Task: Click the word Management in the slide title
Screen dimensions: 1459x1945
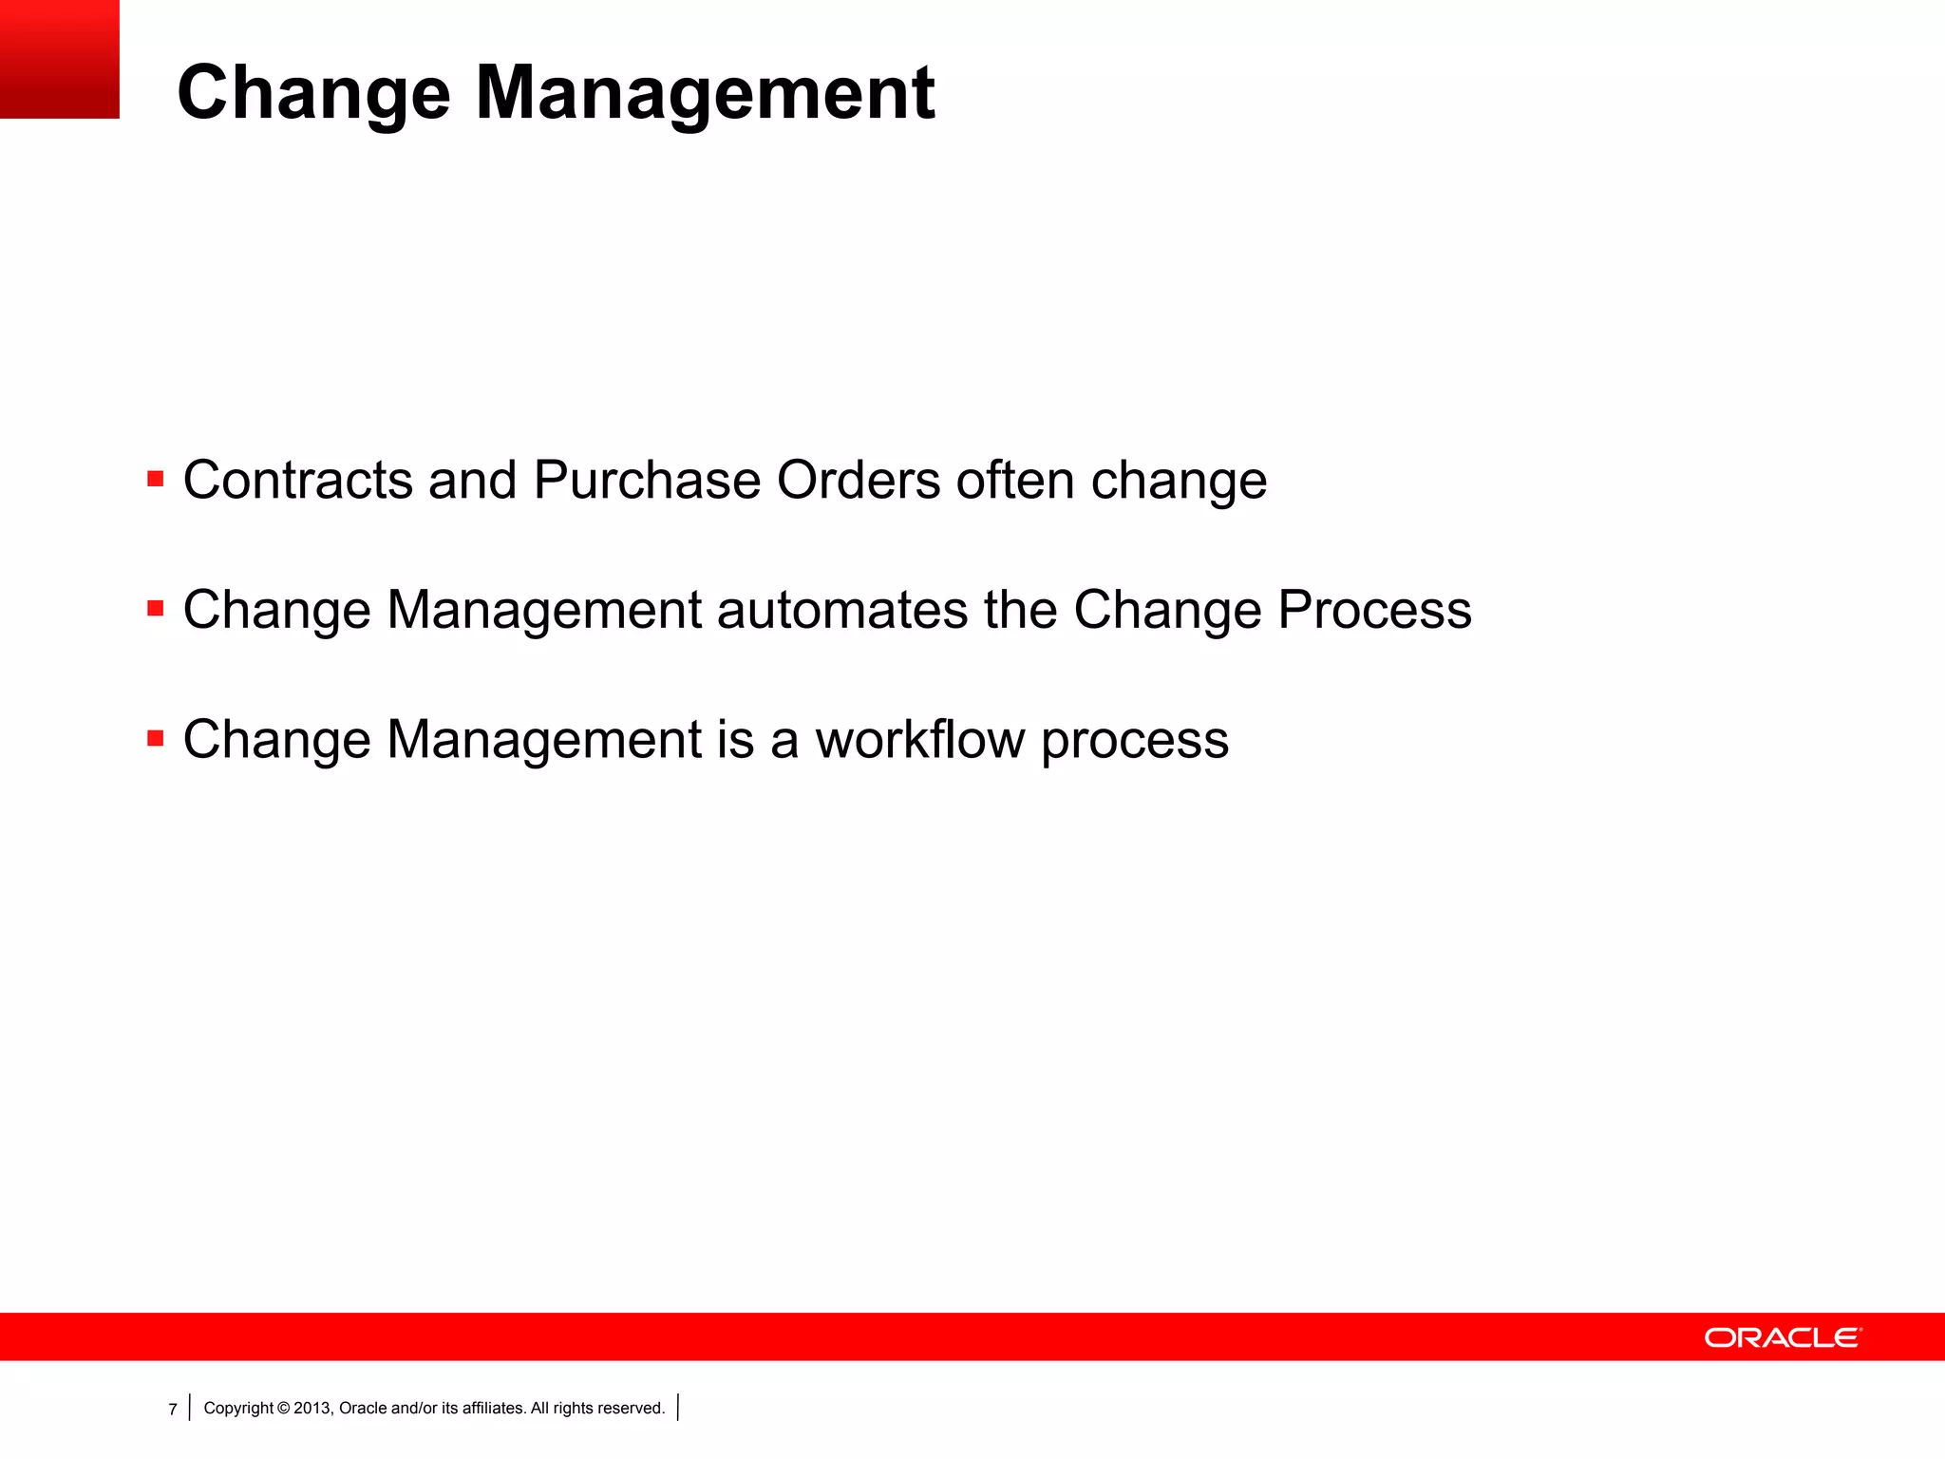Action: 705,94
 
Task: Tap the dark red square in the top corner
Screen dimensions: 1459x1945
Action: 59,59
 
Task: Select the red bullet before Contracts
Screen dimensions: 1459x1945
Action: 156,478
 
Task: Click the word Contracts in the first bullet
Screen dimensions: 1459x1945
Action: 297,480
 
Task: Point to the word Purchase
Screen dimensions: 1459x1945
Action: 646,480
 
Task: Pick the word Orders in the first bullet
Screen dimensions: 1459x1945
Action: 859,480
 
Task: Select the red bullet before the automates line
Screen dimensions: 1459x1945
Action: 156,608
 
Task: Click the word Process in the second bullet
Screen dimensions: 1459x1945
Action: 1374,610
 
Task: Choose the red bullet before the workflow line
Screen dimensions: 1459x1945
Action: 156,738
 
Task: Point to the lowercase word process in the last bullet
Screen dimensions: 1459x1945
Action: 1134,741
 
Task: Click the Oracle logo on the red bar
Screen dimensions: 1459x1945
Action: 1783,1337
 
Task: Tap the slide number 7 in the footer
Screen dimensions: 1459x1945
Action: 172,1409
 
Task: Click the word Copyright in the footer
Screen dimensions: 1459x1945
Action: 238,1408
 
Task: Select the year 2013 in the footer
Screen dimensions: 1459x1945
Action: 312,1408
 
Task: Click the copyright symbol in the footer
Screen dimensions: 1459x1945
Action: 283,1408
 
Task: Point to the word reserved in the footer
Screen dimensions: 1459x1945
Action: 631,1408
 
